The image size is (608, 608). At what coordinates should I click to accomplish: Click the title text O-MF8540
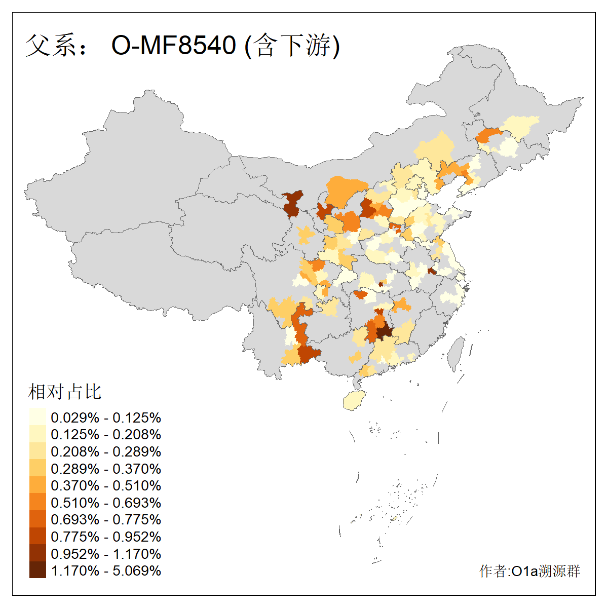pos(173,46)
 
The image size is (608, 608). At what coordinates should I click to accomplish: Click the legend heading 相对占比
pos(65,392)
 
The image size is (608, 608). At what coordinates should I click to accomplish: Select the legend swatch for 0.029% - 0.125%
pos(37,417)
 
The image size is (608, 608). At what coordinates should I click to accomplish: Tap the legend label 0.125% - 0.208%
pos(106,435)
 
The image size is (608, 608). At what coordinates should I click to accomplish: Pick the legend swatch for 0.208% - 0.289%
pos(37,451)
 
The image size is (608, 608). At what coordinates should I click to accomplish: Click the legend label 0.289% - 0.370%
pos(106,469)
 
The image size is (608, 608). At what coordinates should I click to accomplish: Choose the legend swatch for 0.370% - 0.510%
pos(37,485)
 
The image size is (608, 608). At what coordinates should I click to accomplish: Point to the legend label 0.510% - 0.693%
pos(106,503)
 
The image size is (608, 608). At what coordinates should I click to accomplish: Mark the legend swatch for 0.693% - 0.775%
pos(37,519)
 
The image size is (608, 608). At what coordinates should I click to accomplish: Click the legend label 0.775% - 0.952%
pos(106,537)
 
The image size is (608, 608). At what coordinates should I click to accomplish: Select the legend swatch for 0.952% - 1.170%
pos(37,553)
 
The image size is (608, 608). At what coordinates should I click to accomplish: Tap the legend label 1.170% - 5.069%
pos(106,571)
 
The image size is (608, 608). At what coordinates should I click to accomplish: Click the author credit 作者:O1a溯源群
pos(529,572)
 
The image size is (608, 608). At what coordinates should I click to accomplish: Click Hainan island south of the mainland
pos(354,401)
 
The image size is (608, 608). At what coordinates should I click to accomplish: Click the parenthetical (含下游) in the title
pos(292,46)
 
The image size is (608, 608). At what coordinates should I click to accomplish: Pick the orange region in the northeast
pos(489,135)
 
